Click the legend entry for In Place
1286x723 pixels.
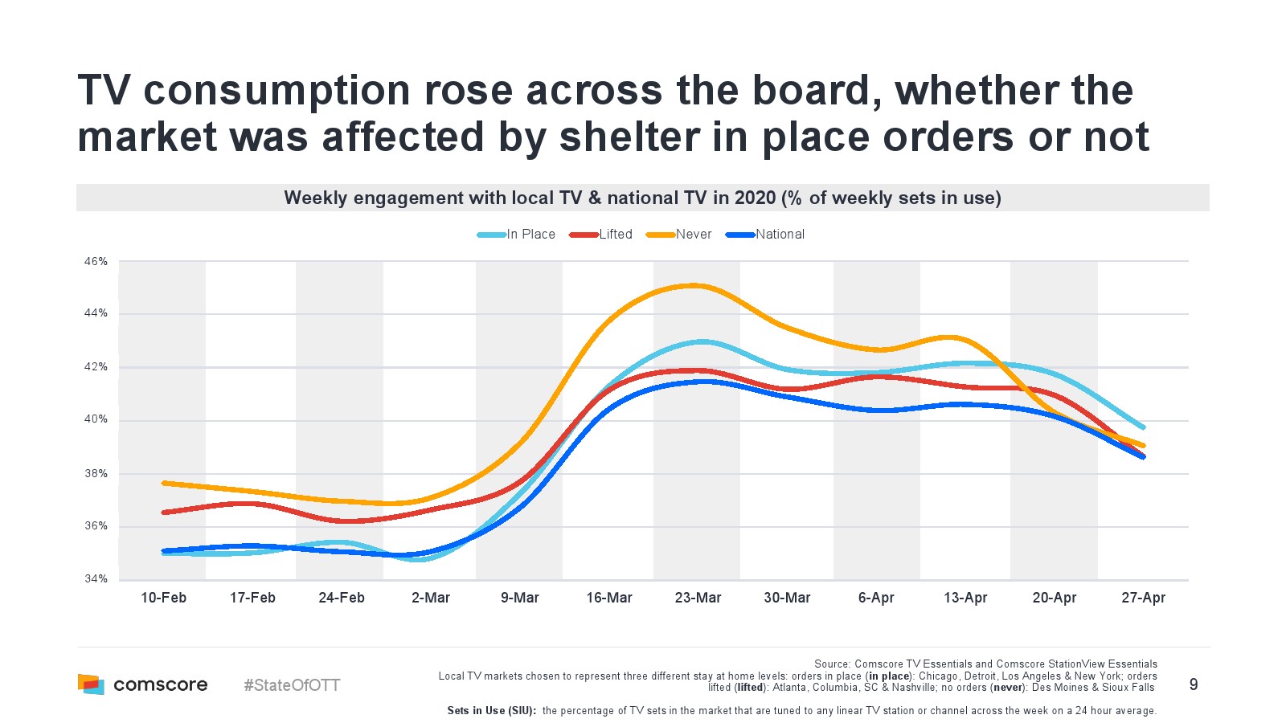point(517,235)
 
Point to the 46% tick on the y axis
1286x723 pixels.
point(96,262)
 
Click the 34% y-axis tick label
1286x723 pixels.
point(96,579)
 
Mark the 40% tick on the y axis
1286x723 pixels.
point(96,419)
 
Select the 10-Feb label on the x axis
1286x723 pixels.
point(163,598)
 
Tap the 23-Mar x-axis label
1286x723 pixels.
point(698,598)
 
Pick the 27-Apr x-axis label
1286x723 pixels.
point(1143,598)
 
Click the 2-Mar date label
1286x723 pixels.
point(431,598)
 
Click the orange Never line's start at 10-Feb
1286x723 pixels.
point(164,483)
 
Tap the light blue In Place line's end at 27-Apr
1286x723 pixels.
point(1143,427)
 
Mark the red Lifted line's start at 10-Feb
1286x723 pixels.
point(164,512)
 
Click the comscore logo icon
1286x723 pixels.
point(91,684)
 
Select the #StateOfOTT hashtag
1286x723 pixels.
point(292,685)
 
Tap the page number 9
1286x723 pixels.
point(1194,684)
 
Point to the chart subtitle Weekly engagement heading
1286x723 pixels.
point(642,198)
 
